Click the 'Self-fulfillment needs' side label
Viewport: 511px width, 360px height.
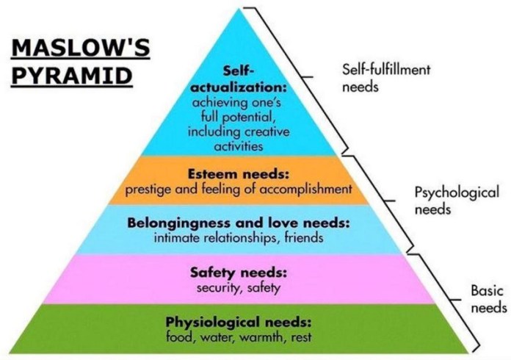coord(385,77)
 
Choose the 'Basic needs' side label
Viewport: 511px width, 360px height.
coord(488,299)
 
